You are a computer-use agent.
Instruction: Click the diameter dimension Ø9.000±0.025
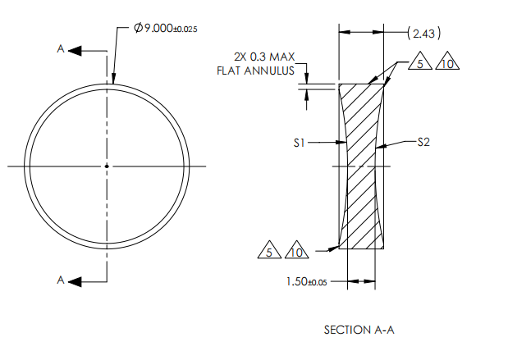(x=164, y=28)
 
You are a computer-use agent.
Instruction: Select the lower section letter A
(x=60, y=280)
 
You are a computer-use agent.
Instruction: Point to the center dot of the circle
(x=106, y=166)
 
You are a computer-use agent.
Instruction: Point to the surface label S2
(x=423, y=142)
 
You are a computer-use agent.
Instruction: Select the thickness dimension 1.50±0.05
(x=307, y=281)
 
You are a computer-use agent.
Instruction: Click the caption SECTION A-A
(x=359, y=330)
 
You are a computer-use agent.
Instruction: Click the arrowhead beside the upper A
(x=76, y=50)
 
